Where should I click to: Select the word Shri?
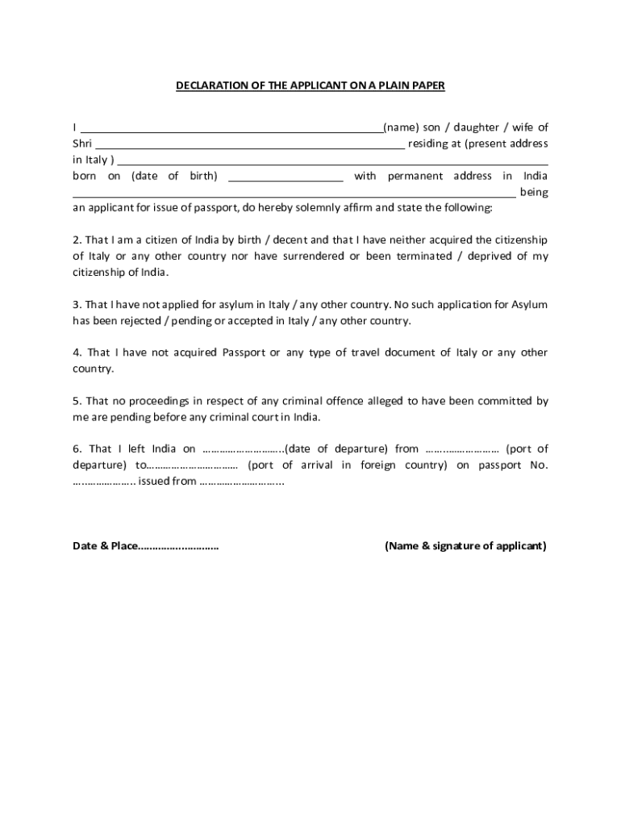pyautogui.click(x=82, y=144)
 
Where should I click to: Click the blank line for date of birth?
pyautogui.click(x=286, y=176)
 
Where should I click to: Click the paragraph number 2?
pyautogui.click(x=77, y=240)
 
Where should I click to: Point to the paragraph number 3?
pyautogui.click(x=77, y=305)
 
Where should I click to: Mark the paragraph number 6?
pyautogui.click(x=77, y=449)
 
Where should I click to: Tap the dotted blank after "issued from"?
pyautogui.click(x=241, y=482)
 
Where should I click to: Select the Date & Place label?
pyautogui.click(x=105, y=546)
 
